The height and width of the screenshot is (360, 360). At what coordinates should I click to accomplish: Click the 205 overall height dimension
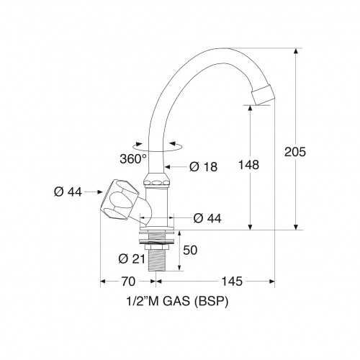coord(295,152)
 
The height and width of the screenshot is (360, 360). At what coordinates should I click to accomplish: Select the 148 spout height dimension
coord(248,165)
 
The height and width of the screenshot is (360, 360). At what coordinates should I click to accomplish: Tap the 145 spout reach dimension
coord(232,282)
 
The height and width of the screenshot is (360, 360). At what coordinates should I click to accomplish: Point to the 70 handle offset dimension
coord(128,282)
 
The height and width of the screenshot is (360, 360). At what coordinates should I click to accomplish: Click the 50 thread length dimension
coord(190,250)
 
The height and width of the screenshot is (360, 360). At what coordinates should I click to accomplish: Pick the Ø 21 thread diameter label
coord(132,259)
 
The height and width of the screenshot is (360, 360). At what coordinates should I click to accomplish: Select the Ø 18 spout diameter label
coord(203,167)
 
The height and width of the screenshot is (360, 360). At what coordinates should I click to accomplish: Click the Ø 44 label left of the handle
coord(68,192)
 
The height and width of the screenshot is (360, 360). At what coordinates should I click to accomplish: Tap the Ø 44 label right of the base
coord(207,218)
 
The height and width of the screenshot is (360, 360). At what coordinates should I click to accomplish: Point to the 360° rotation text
coord(133,158)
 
